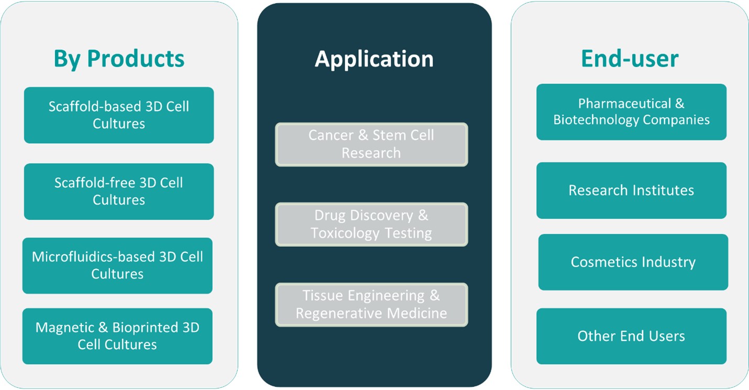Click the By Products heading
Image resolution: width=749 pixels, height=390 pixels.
(x=119, y=59)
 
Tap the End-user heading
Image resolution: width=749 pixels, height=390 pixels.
(x=630, y=59)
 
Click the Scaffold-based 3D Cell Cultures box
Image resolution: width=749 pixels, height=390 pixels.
(x=119, y=115)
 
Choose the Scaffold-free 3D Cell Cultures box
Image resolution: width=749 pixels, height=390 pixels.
(x=119, y=191)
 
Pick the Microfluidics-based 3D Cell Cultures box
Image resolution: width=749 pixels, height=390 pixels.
(x=117, y=265)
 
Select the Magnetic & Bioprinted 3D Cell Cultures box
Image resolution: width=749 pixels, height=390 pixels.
(x=117, y=336)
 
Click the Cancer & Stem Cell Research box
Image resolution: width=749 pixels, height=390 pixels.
(x=371, y=144)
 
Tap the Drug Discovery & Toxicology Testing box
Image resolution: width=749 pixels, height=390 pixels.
(x=371, y=224)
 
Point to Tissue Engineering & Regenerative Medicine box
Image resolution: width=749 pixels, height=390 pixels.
(x=371, y=305)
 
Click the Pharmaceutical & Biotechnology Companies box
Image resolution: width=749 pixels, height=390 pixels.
(x=631, y=112)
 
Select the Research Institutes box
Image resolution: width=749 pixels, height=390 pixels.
(x=631, y=190)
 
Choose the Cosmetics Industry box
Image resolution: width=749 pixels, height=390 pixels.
(x=633, y=262)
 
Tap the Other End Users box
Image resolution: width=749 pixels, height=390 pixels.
(x=631, y=336)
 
